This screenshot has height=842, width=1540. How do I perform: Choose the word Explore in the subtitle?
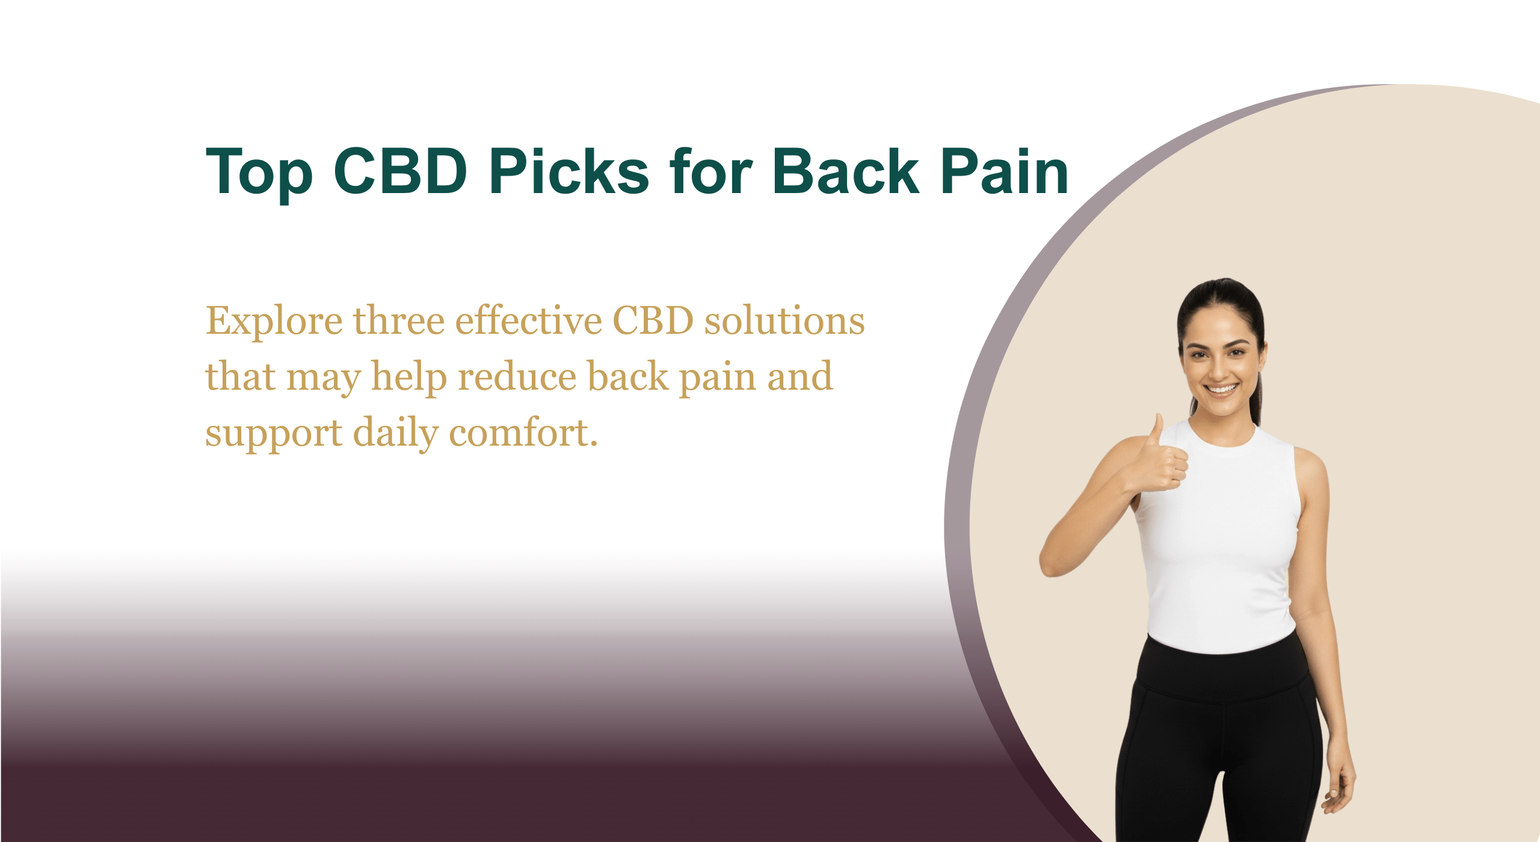pyautogui.click(x=274, y=322)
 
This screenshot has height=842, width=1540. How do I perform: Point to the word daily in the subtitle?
pyautogui.click(x=396, y=433)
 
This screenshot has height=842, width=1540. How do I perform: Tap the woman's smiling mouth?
pyautogui.click(x=1221, y=389)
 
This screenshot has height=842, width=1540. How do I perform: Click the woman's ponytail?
pyautogui.click(x=1257, y=385)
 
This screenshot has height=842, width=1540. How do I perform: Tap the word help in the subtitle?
pyautogui.click(x=409, y=378)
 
